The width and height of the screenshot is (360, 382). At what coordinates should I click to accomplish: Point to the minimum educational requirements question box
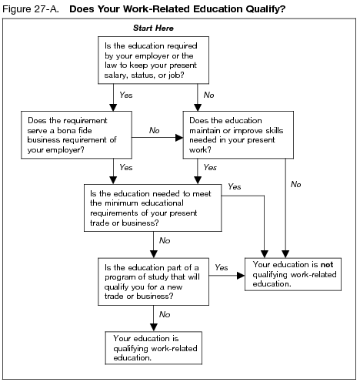tap(153, 206)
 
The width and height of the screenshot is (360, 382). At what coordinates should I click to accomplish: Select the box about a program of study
tap(152, 281)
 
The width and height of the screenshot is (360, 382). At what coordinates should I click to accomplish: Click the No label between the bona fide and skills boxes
tap(154, 131)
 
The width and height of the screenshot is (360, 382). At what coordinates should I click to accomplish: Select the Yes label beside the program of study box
tap(221, 267)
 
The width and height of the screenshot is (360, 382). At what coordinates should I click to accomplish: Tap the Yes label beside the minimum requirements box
tap(235, 186)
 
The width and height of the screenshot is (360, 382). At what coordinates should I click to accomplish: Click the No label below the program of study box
tap(164, 314)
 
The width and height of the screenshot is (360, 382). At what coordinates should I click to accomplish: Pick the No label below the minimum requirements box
tap(164, 240)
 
